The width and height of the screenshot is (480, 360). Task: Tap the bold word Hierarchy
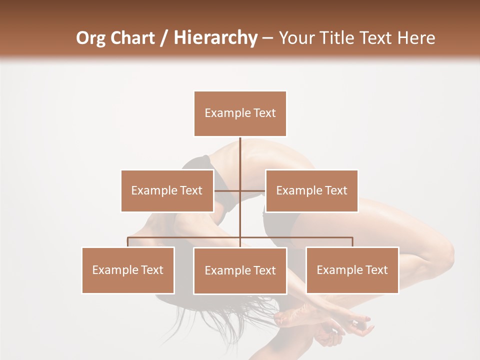tap(215, 38)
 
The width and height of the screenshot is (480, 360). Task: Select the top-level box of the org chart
tap(240, 113)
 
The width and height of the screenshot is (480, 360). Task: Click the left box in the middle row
tap(167, 190)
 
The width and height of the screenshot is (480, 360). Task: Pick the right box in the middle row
tap(311, 190)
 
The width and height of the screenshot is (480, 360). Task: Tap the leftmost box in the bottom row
tap(128, 270)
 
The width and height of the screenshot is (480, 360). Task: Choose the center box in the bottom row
tap(240, 270)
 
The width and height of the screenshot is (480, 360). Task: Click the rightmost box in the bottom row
tap(352, 270)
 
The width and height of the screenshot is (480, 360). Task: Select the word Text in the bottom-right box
tap(376, 270)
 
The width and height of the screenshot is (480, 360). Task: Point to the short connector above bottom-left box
tap(128, 242)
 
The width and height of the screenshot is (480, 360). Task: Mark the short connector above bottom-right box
tap(352, 242)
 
